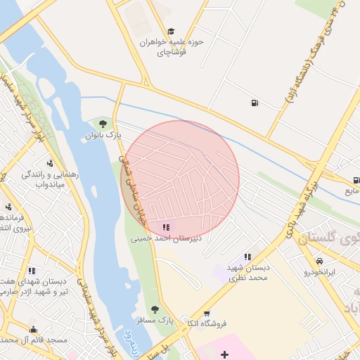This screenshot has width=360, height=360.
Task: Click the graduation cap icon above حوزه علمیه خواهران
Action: (x=171, y=32)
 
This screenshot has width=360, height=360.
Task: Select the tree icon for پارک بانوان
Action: (x=103, y=124)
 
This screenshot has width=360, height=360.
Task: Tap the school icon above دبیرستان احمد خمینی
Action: (x=166, y=228)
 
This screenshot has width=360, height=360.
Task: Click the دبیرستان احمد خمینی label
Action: (x=166, y=238)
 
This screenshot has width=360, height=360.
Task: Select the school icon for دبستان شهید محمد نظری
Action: (x=247, y=257)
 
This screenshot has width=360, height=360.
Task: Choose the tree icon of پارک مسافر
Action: (x=155, y=309)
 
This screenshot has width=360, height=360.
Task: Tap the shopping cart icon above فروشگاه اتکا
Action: (x=206, y=314)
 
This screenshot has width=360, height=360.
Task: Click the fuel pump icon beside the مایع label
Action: (x=356, y=180)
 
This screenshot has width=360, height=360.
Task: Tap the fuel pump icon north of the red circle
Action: (x=253, y=104)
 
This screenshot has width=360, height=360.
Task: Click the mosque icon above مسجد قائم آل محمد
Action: (x=32, y=329)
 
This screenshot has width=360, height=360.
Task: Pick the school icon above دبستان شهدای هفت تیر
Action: (x=31, y=271)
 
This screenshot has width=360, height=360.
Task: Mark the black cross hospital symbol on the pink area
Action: (x=224, y=354)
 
